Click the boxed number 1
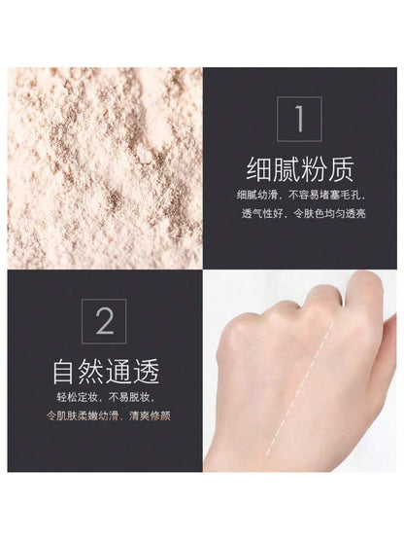click(x=299, y=119)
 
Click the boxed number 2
click(x=104, y=321)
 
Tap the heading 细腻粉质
click(x=299, y=169)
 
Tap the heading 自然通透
click(x=106, y=372)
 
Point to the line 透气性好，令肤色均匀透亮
click(x=304, y=214)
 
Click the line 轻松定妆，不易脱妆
click(x=105, y=397)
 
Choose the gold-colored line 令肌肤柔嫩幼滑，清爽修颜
click(x=109, y=416)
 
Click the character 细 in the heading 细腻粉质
click(x=258, y=169)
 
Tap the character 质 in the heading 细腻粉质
click(x=341, y=169)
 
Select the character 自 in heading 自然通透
click(x=65, y=372)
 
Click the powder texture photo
click(x=105, y=168)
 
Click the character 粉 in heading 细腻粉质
click(x=314, y=169)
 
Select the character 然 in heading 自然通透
click(x=92, y=372)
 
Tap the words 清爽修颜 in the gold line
click(x=151, y=416)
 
